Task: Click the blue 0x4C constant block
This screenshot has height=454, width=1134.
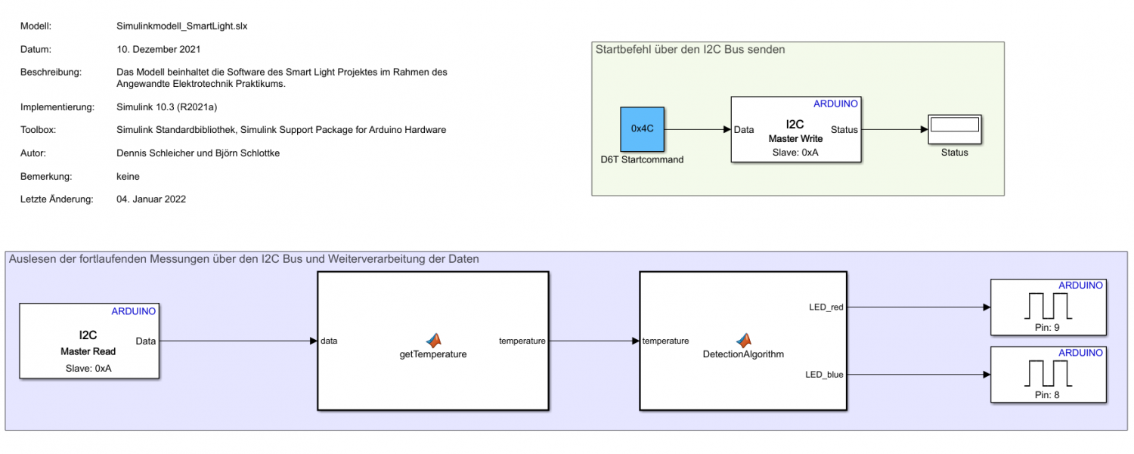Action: pos(642,128)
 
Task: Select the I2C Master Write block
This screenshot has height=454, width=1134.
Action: pos(795,129)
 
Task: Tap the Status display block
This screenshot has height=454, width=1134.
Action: pos(954,129)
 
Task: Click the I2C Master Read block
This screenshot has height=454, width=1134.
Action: pos(88,341)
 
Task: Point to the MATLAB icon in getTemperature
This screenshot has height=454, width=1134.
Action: pos(432,340)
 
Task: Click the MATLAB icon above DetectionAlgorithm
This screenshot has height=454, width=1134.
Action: pos(744,340)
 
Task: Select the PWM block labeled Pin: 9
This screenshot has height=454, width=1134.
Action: pos(1048,307)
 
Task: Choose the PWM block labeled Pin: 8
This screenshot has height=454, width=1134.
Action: pos(1048,374)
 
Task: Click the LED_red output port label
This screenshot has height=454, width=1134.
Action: pos(826,307)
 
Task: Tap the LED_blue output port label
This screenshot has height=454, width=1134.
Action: pos(825,374)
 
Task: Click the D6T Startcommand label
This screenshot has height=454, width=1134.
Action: pos(642,159)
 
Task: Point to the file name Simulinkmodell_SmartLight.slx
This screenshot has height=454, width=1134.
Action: pos(178,26)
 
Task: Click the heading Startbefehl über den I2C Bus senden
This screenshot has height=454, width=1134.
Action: pos(690,50)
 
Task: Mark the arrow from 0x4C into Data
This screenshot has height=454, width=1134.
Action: pos(698,129)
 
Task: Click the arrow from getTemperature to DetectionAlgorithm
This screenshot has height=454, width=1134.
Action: pos(593,341)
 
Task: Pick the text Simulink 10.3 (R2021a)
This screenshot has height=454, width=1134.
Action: pos(167,107)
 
